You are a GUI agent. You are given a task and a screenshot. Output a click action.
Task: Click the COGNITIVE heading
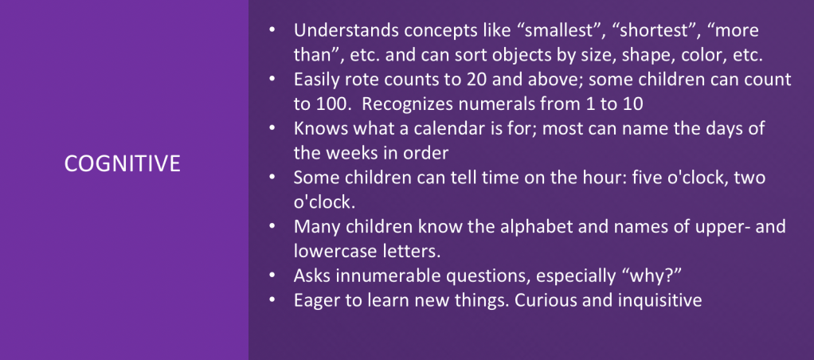pyautogui.click(x=123, y=163)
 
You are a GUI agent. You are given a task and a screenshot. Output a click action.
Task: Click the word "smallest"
pyautogui.click(x=558, y=30)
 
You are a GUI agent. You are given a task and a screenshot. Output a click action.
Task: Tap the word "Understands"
pyautogui.click(x=346, y=30)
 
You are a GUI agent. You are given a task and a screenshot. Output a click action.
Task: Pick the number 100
pyautogui.click(x=330, y=104)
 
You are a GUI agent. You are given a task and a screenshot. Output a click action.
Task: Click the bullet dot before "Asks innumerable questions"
pyautogui.click(x=272, y=276)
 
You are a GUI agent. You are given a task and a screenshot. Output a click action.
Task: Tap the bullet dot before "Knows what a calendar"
pyautogui.click(x=272, y=128)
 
